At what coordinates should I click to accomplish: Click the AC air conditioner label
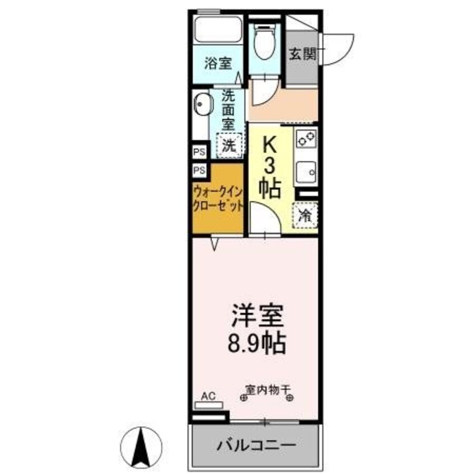(x=208, y=396)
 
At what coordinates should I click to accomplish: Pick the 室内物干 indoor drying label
(x=267, y=388)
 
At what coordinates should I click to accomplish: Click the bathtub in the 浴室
(x=219, y=31)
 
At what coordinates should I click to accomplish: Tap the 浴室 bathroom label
(x=218, y=63)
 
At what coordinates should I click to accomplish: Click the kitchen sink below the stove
(x=306, y=171)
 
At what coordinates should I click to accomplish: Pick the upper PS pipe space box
(x=199, y=151)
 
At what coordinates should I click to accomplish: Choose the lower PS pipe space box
(x=199, y=170)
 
